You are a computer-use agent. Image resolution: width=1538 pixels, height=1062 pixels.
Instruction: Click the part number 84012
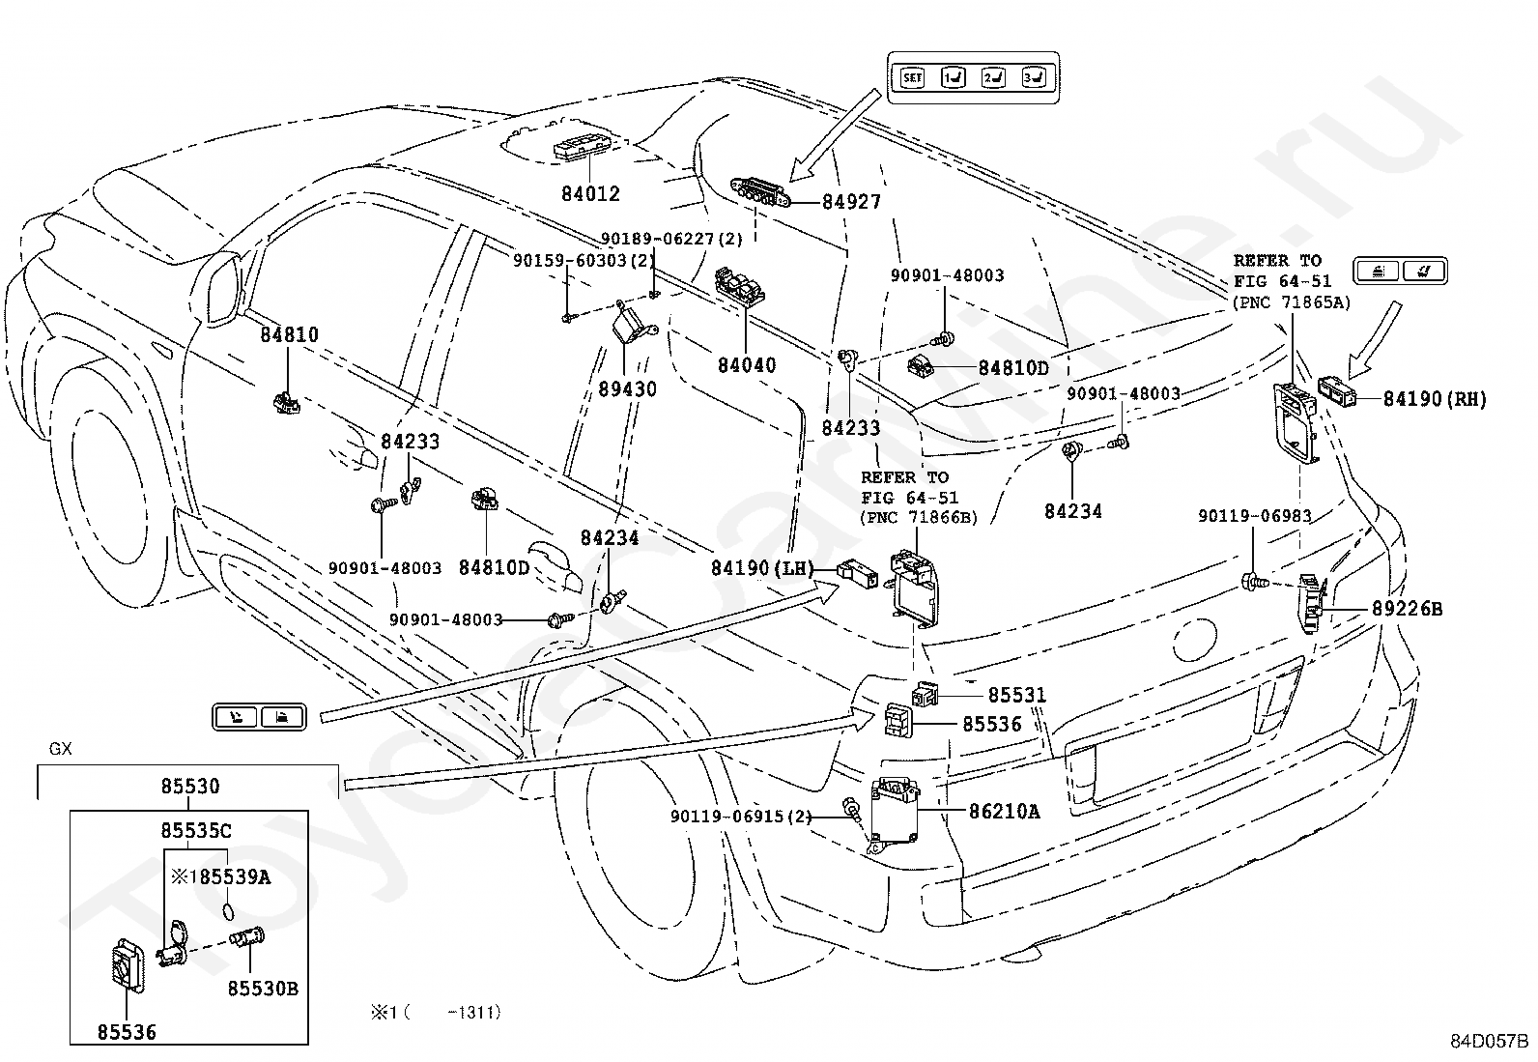coord(590,193)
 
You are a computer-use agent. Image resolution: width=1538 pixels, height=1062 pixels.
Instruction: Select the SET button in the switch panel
coord(912,77)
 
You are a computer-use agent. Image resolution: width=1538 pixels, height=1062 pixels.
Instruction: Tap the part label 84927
coord(851,202)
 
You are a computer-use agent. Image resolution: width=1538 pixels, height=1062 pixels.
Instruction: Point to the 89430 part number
coord(627,389)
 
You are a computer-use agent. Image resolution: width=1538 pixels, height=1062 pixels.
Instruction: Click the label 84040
coord(747,365)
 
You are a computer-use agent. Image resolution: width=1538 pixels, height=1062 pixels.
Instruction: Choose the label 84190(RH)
coord(1435,399)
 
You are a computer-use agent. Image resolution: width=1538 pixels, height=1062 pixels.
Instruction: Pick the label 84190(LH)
coord(762,568)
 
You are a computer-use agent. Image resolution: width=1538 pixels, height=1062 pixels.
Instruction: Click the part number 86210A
coord(1005,812)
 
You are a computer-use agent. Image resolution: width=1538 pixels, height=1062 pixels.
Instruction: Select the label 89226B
coord(1407,609)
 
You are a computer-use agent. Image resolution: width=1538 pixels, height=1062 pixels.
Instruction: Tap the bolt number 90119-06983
coord(1254,516)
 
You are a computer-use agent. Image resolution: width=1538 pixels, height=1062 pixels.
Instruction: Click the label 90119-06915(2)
coord(741,817)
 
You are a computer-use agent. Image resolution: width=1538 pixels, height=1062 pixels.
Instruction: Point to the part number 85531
coord(1017,695)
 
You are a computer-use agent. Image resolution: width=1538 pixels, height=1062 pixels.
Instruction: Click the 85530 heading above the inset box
coord(190,786)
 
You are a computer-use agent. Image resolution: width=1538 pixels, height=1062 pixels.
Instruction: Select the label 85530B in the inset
coord(263,989)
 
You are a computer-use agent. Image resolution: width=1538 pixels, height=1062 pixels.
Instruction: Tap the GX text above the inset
coord(61,750)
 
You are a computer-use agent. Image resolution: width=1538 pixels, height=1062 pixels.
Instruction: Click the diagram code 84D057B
coord(1489,1042)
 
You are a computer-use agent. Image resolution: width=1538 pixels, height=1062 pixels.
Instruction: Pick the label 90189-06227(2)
coord(671,239)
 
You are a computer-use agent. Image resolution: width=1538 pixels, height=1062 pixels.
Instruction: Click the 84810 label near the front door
coord(289,335)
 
